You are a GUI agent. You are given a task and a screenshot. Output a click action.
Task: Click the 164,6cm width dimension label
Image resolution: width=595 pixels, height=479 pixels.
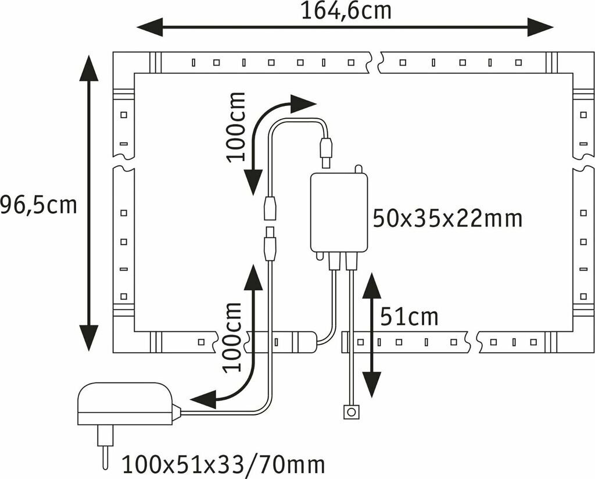pos(346,10)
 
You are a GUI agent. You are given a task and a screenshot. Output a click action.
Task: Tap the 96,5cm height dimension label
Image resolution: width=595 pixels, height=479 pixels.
pos(38,205)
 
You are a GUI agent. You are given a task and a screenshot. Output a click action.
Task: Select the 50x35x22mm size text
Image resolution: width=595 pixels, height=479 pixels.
pos(447,219)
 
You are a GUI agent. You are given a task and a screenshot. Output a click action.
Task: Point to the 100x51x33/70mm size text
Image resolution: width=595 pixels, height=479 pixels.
pos(223,465)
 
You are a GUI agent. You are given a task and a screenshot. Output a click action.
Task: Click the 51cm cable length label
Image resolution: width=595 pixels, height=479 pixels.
pos(409,317)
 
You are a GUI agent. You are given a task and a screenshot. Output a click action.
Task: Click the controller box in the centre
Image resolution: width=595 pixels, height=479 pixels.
pos(339,212)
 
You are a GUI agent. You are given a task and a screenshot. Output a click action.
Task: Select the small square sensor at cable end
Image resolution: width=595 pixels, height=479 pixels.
pos(350,413)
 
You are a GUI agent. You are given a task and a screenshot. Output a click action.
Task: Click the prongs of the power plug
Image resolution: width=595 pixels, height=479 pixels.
pos(105,446)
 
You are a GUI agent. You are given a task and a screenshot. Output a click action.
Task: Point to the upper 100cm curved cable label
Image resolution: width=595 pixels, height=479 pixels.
pos(236,127)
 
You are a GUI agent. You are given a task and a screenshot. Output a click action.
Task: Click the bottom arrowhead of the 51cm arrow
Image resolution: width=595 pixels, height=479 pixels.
pos(372,384)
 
